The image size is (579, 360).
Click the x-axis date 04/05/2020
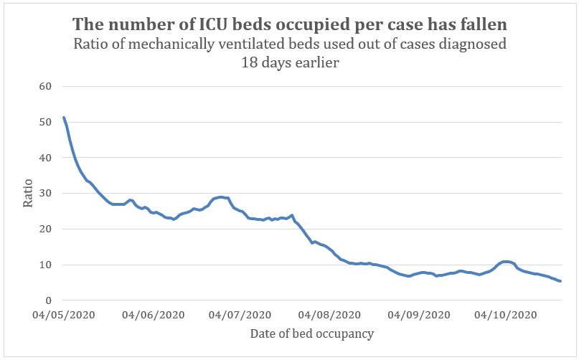coord(63,315)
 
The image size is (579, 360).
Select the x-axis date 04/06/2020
coord(152,315)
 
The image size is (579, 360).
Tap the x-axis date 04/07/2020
coord(239,315)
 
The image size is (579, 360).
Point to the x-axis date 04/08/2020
coord(329,315)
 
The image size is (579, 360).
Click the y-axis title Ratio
coord(28,194)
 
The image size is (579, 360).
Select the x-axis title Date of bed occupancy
coord(311,334)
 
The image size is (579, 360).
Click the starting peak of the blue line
coord(64,118)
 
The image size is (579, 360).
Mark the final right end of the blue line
coord(560,281)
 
